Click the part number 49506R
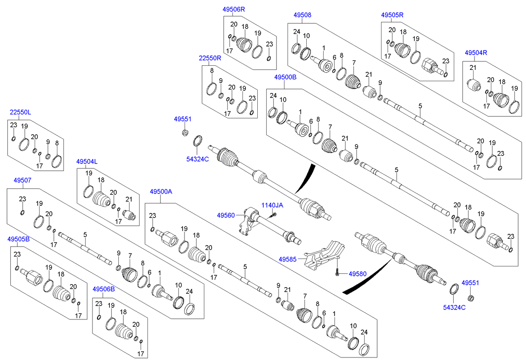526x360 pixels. [234, 9]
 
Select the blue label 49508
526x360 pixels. [302, 15]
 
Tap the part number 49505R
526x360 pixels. [392, 15]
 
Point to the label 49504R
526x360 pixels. [476, 52]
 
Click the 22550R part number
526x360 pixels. [210, 58]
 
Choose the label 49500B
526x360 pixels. [285, 77]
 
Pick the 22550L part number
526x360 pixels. [20, 112]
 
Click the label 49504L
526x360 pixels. [87, 161]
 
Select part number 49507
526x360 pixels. [22, 180]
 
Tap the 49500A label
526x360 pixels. [161, 192]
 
